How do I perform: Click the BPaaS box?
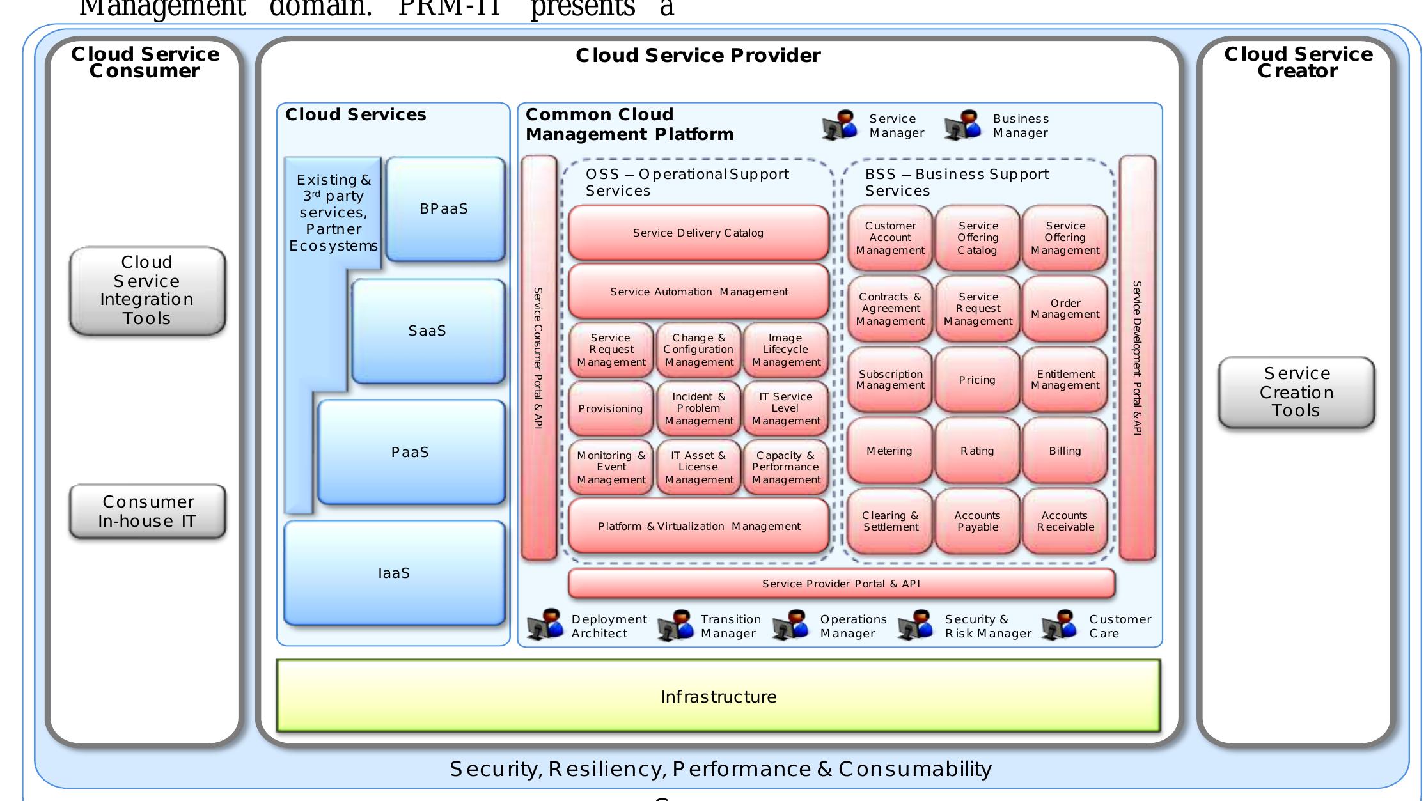click(x=444, y=209)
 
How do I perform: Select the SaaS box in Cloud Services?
click(x=427, y=331)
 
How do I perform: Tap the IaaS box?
click(x=394, y=573)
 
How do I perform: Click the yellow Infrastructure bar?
click(x=718, y=696)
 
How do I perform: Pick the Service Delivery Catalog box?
click(x=698, y=233)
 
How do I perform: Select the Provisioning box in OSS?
click(x=611, y=408)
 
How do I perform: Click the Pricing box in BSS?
click(x=977, y=380)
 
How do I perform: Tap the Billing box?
click(x=1065, y=451)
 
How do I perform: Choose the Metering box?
click(x=889, y=451)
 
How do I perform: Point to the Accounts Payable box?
click(x=977, y=521)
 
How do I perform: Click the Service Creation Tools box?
click(x=1296, y=392)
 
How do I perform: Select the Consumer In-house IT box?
click(x=147, y=511)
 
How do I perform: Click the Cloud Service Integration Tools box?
click(x=147, y=290)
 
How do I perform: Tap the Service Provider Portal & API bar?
click(x=841, y=584)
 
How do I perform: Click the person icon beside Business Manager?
click(x=963, y=125)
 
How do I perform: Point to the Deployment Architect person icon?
click(x=545, y=625)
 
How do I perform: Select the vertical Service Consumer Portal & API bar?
click(x=538, y=358)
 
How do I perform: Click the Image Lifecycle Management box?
click(x=786, y=350)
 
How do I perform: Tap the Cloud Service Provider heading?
click(x=698, y=56)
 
